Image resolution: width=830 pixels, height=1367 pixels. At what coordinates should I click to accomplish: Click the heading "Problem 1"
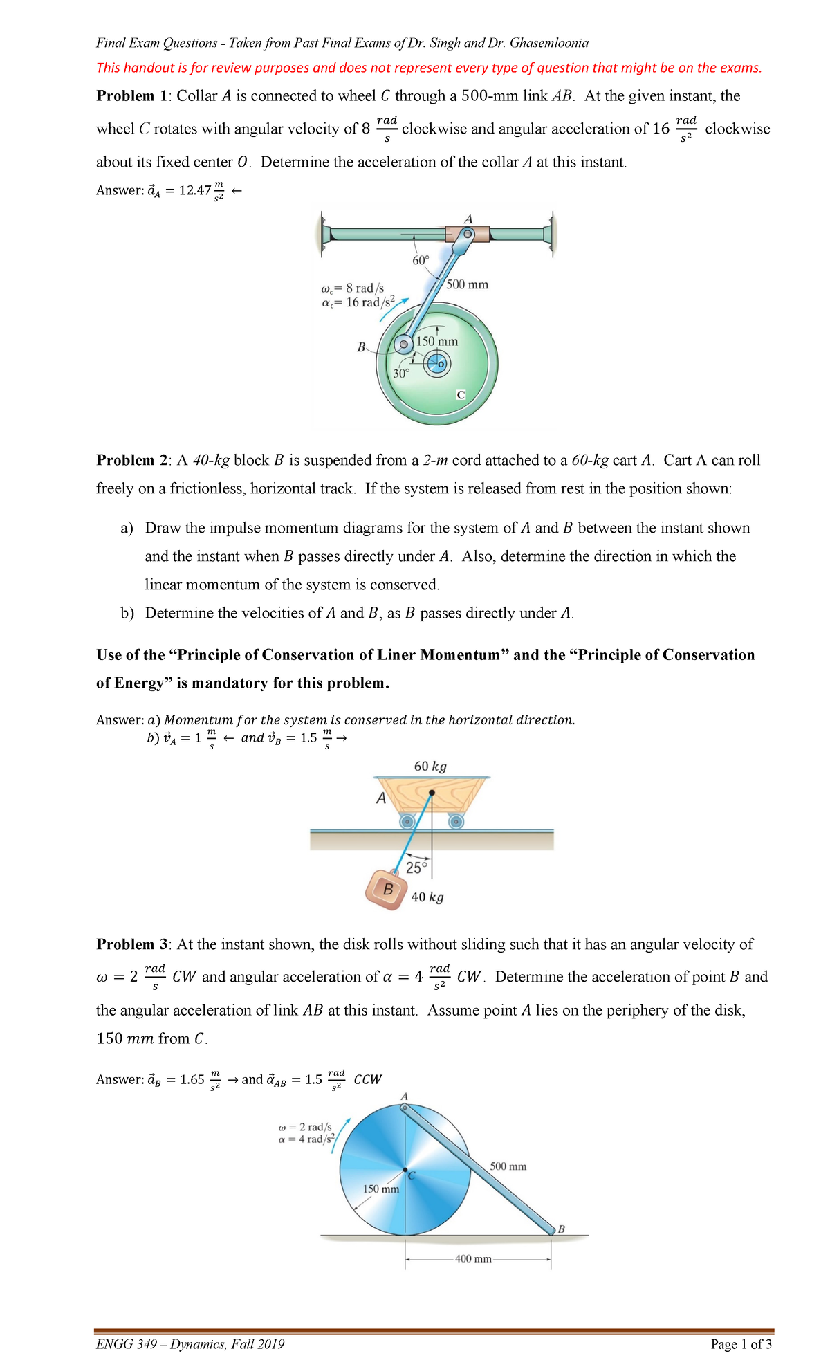[x=125, y=96]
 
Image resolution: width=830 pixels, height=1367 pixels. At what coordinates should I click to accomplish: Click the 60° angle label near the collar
[x=421, y=261]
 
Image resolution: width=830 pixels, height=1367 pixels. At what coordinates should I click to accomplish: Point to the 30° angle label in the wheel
[x=401, y=374]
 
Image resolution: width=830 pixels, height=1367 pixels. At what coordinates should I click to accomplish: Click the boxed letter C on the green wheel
[x=461, y=394]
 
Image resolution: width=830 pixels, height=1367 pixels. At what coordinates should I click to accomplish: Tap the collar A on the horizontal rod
[x=467, y=234]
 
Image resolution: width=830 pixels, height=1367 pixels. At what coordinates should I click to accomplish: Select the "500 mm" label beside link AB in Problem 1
[x=468, y=284]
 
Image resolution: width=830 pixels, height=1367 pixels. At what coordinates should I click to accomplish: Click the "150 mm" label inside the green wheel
[x=437, y=342]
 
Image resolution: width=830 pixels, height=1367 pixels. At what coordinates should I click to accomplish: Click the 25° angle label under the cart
[x=417, y=868]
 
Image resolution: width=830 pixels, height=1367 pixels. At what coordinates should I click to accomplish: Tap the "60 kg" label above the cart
[x=430, y=767]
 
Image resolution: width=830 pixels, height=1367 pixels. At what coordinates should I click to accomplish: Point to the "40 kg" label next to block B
[x=427, y=897]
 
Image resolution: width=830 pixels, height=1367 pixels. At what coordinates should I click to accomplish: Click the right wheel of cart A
[x=456, y=821]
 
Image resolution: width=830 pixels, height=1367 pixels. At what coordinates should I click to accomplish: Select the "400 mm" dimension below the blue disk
[x=473, y=1258]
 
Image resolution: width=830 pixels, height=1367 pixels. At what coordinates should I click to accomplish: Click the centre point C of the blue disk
[x=405, y=1170]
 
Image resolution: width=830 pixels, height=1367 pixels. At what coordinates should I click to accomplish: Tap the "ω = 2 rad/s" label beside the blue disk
[x=305, y=1127]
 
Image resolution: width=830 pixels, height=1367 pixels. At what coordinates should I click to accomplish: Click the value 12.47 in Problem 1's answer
[x=194, y=190]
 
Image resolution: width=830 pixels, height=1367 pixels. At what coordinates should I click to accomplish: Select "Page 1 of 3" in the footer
[x=741, y=1344]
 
